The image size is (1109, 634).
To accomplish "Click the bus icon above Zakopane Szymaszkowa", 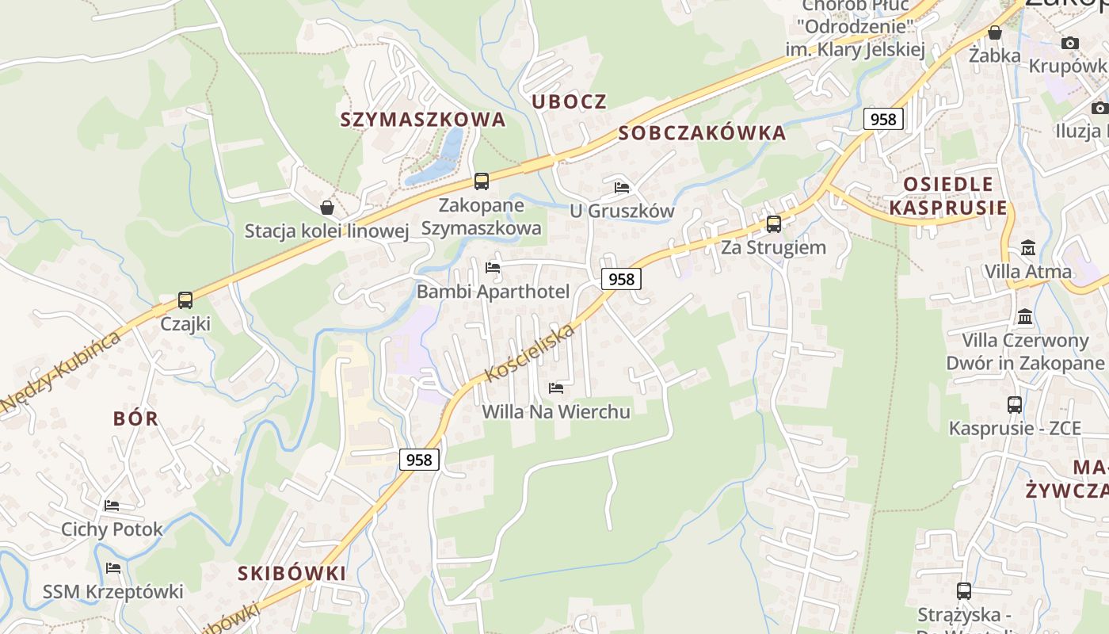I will coord(482,181).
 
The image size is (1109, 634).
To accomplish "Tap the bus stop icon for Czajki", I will coord(185,300).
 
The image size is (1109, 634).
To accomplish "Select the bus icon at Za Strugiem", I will coord(773,223).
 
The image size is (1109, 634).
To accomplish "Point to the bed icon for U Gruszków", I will coord(622,188).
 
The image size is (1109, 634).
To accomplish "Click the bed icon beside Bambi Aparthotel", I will coord(493,268).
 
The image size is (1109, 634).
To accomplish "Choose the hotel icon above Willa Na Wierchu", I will coord(556,388).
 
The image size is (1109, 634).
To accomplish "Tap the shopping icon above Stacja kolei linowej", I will coord(326,208).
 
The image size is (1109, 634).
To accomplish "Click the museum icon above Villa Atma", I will coord(1028,247).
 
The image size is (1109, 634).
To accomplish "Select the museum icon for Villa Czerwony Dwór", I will coord(1025,316).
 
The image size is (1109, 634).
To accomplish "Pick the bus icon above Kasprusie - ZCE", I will coord(1015,404).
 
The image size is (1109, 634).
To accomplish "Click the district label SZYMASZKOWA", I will coord(423,120).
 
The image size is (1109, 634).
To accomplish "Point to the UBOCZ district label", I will coord(569,101).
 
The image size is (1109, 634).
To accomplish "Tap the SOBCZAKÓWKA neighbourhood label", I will coord(703,133).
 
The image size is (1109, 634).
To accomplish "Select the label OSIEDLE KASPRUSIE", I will coord(948,196).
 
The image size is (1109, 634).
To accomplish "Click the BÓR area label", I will coord(135,418).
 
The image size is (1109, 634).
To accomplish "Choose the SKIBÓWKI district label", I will coord(292,573).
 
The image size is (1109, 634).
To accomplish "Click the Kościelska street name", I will coord(529,352).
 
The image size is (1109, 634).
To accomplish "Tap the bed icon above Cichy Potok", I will coord(112,505).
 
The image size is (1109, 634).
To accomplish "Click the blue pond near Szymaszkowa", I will coord(444,155).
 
